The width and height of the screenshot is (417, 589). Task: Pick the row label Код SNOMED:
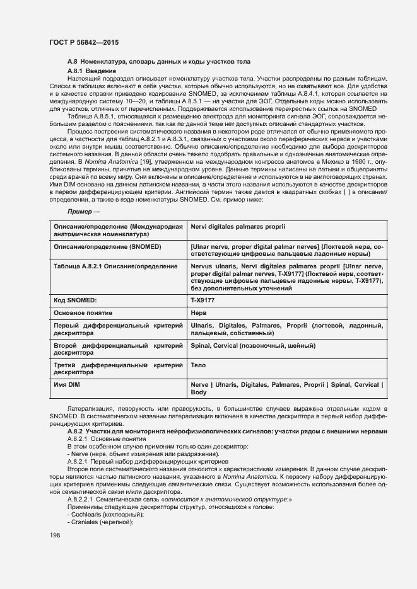(78, 300)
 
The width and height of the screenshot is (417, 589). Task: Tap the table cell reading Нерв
(198, 312)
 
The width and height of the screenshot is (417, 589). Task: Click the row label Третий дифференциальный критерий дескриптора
(119, 369)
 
